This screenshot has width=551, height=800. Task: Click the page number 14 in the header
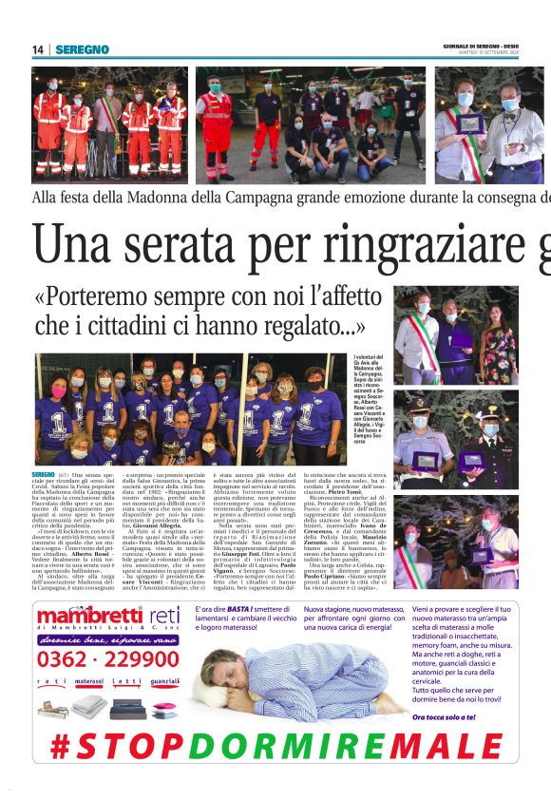tap(38, 49)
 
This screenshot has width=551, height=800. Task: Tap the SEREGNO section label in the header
tap(82, 49)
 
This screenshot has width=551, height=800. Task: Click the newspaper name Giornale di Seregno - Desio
tap(494, 47)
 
